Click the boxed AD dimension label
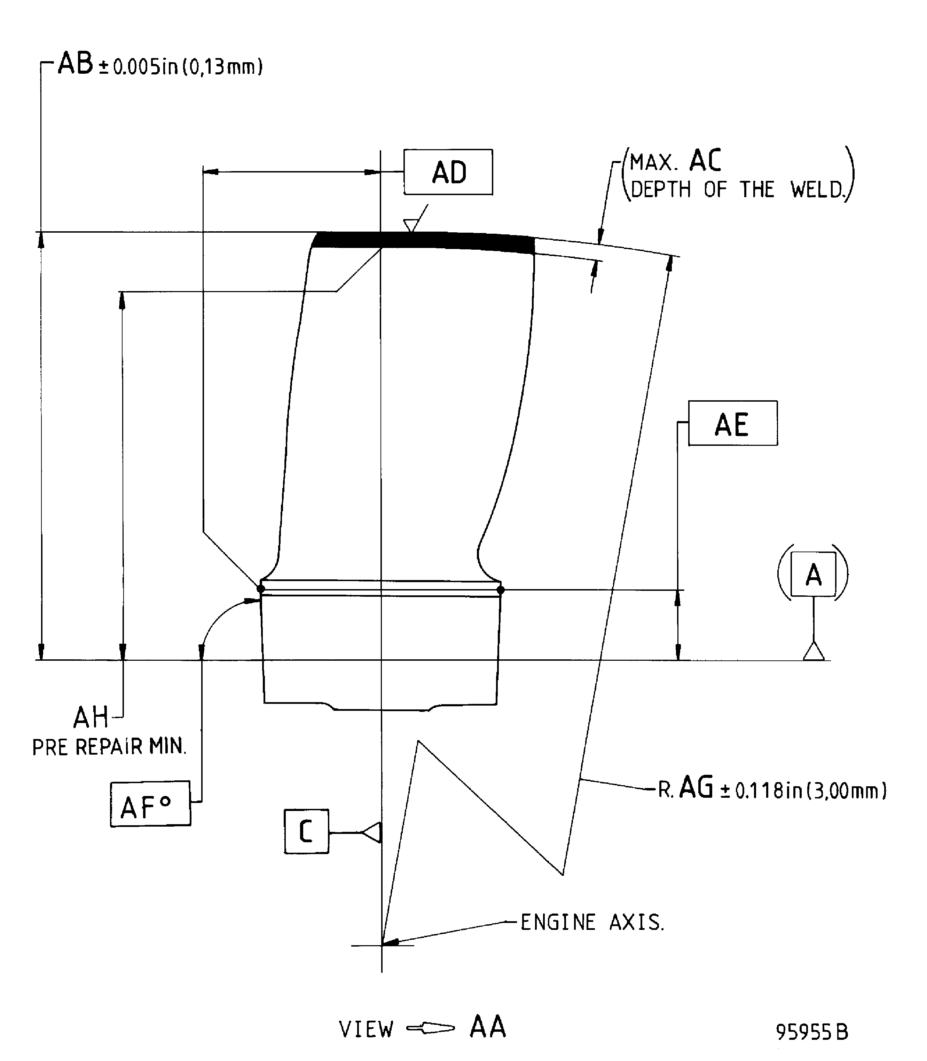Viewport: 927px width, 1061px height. tap(448, 172)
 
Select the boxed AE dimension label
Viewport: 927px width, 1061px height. tap(732, 423)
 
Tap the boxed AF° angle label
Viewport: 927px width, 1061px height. tap(150, 804)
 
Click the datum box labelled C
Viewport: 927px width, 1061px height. tap(306, 831)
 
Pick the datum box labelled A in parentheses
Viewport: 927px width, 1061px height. tap(813, 574)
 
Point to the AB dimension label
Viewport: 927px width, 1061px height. tap(76, 64)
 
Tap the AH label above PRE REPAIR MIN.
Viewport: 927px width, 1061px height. tap(91, 717)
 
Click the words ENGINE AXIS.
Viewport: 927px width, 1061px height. tap(592, 923)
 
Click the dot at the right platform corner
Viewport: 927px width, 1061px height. tap(500, 590)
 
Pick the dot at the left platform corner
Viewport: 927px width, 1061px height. tap(261, 589)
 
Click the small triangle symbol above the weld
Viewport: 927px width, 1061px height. tap(410, 225)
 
